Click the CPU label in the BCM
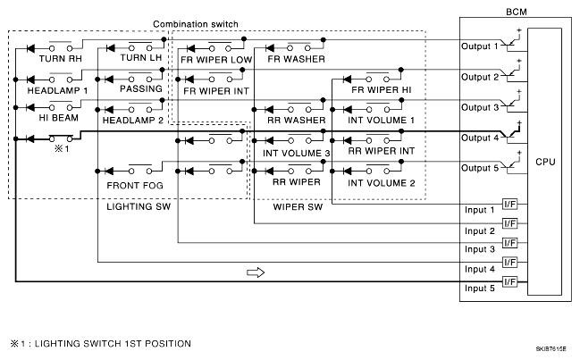tap(545, 162)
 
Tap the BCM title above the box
tap(517, 12)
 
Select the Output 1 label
tap(479, 46)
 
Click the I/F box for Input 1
tap(509, 204)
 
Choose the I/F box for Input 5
tap(509, 281)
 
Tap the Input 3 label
tap(480, 249)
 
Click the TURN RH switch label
tap(60, 59)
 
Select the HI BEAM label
tap(59, 118)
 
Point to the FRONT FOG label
tap(135, 186)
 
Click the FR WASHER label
tap(297, 59)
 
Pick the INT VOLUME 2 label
tap(381, 183)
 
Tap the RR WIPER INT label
tap(382, 151)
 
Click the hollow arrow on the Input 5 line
tap(256, 272)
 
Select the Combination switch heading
tap(196, 24)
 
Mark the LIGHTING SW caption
tap(139, 206)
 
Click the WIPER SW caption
tap(298, 207)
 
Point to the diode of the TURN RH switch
tap(30, 48)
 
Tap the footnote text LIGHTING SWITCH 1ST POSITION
tap(113, 344)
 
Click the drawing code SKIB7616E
tap(551, 349)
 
